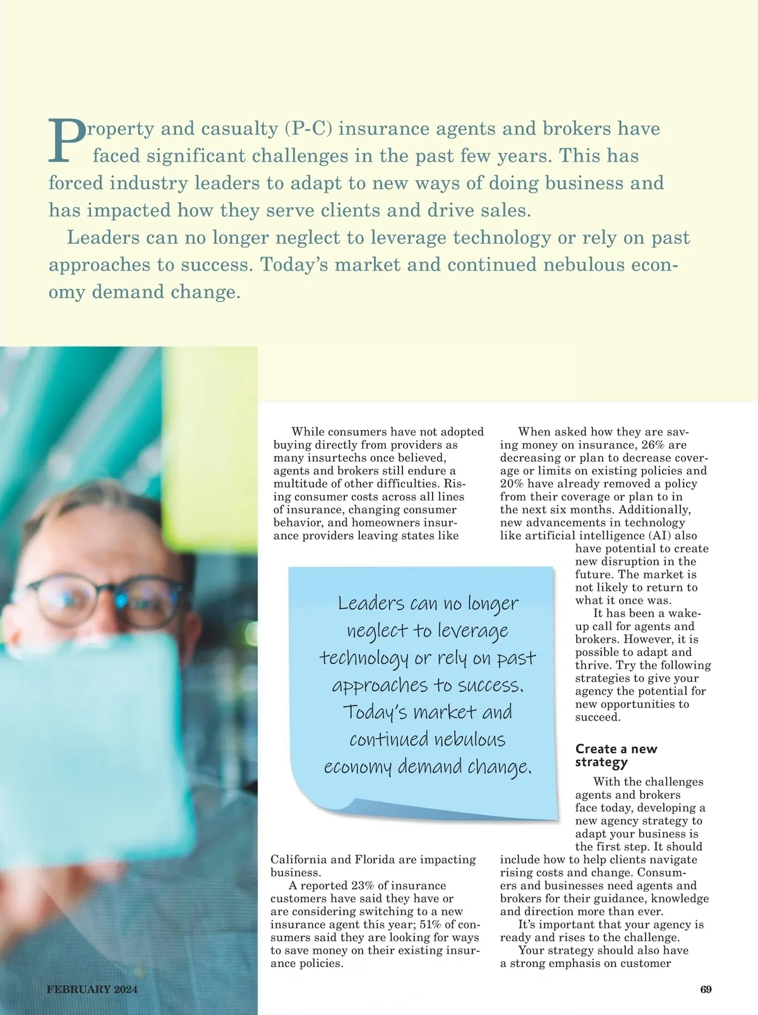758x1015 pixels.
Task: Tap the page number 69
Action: tap(706, 990)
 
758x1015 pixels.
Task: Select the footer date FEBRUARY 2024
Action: tap(92, 990)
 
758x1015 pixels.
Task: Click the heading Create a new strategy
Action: tap(616, 755)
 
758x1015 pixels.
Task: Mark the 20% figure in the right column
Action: tap(512, 483)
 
